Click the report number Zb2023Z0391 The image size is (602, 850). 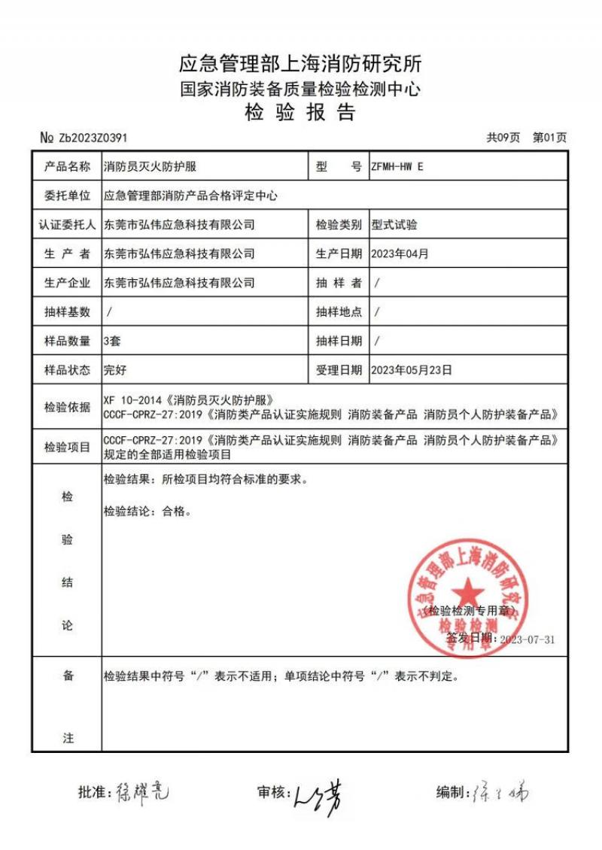pos(93,138)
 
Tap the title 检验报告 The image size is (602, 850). pos(300,113)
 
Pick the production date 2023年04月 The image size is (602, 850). pos(400,253)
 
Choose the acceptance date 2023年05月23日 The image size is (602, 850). pos(412,369)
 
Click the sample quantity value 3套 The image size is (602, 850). pos(112,340)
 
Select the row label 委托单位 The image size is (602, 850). pos(67,196)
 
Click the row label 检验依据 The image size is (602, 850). pos(67,407)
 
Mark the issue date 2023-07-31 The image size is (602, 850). pos(528,639)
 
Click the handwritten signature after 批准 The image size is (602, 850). pos(143,791)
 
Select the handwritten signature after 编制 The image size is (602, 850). pos(500,793)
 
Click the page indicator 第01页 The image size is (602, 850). pos(549,138)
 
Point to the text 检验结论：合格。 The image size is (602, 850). pos(147,512)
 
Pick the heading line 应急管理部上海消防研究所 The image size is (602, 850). pos(300,62)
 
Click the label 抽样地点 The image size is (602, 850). pos(339,311)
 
